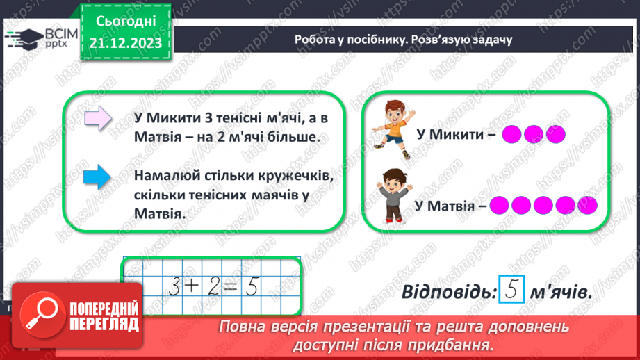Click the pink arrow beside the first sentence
[x=97, y=118]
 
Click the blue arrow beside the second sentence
[x=97, y=177]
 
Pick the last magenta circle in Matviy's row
[x=587, y=206]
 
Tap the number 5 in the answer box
[x=511, y=293]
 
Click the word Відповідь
[x=449, y=293]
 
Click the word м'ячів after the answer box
[x=560, y=293]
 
